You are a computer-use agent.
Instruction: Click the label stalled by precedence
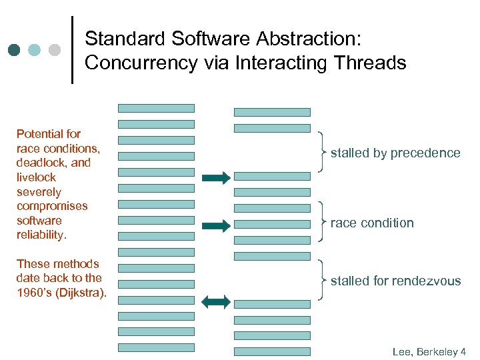(x=395, y=153)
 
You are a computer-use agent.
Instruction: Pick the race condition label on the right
(x=372, y=223)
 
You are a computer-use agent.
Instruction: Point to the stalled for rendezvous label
(x=395, y=281)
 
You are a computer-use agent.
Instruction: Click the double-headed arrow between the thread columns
(x=215, y=302)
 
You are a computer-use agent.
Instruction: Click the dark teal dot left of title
(x=15, y=50)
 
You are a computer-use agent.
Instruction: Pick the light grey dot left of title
(x=55, y=50)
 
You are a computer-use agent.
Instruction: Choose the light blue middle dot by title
(x=35, y=50)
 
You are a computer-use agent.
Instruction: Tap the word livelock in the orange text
(x=36, y=177)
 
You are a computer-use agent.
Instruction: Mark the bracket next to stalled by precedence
(x=323, y=153)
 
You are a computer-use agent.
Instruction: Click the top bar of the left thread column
(x=156, y=108)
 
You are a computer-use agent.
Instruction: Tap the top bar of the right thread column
(x=272, y=112)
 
